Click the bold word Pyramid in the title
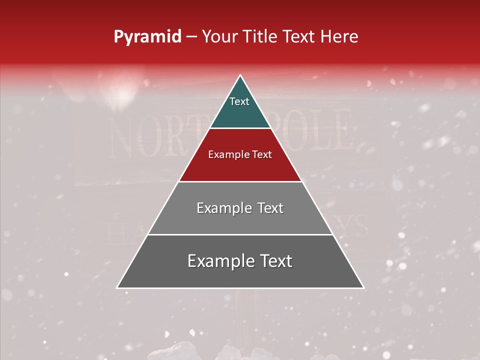tap(147, 37)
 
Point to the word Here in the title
tap(339, 37)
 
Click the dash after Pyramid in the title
tap(191, 37)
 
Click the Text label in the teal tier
tap(239, 101)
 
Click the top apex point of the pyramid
tap(240, 75)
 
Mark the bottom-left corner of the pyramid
tap(117, 288)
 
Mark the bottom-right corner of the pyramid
tap(363, 288)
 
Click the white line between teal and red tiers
tap(240, 128)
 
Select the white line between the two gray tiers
tap(240, 234)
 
